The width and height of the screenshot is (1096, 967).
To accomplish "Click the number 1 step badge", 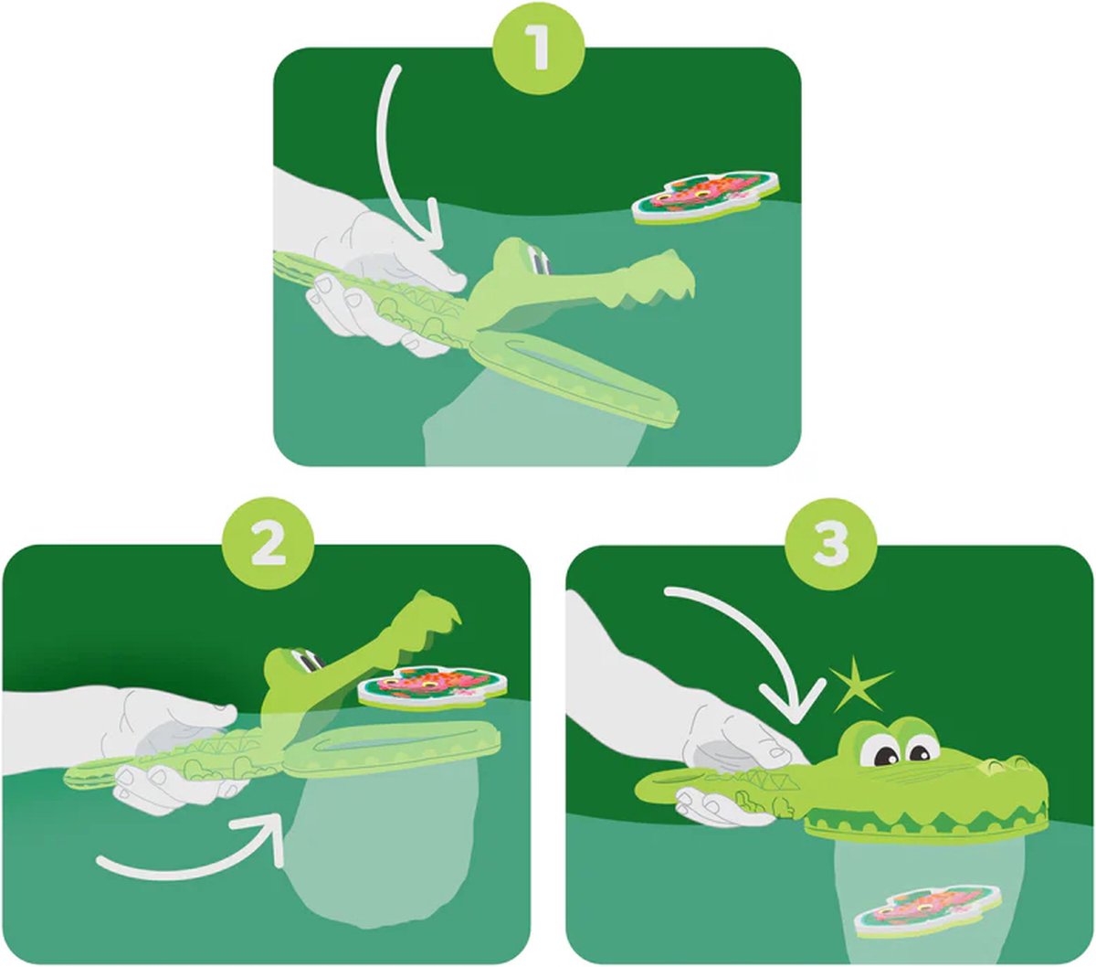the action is (x=538, y=48).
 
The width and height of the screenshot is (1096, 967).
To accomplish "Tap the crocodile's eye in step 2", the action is (x=306, y=663).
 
